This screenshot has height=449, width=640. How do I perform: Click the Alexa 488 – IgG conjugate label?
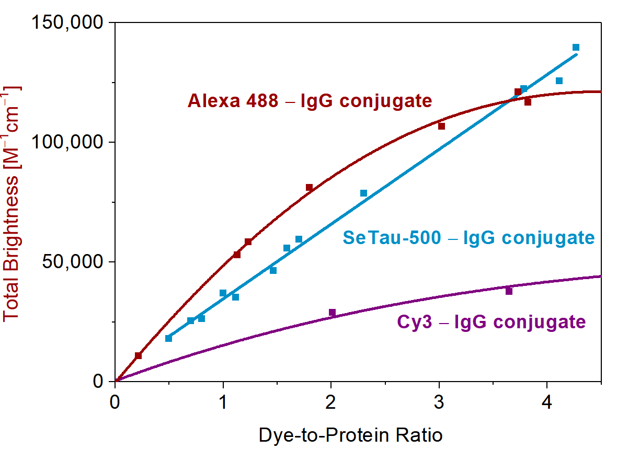[x=310, y=100]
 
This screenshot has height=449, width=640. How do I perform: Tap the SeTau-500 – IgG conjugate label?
[x=468, y=238]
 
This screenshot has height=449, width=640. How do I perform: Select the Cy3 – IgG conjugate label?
[x=491, y=321]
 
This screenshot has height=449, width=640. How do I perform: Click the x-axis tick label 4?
[x=547, y=404]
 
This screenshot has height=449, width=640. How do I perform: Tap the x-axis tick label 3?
[x=439, y=404]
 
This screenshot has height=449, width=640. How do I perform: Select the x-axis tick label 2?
[x=331, y=404]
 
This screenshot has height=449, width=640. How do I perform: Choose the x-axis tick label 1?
[x=223, y=404]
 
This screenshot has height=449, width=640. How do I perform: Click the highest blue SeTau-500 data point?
[x=576, y=48]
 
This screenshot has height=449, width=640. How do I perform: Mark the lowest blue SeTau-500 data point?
[x=168, y=338]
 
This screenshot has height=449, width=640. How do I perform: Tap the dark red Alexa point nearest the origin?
[x=138, y=356]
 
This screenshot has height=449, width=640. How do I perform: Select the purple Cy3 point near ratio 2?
[x=332, y=313]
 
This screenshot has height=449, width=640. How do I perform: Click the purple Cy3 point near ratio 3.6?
[x=509, y=291]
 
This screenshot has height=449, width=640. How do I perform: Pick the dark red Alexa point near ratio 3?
[x=441, y=126]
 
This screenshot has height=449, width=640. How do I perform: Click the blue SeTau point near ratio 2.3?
[x=363, y=193]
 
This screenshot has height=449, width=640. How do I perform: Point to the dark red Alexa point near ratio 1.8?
[x=309, y=187]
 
